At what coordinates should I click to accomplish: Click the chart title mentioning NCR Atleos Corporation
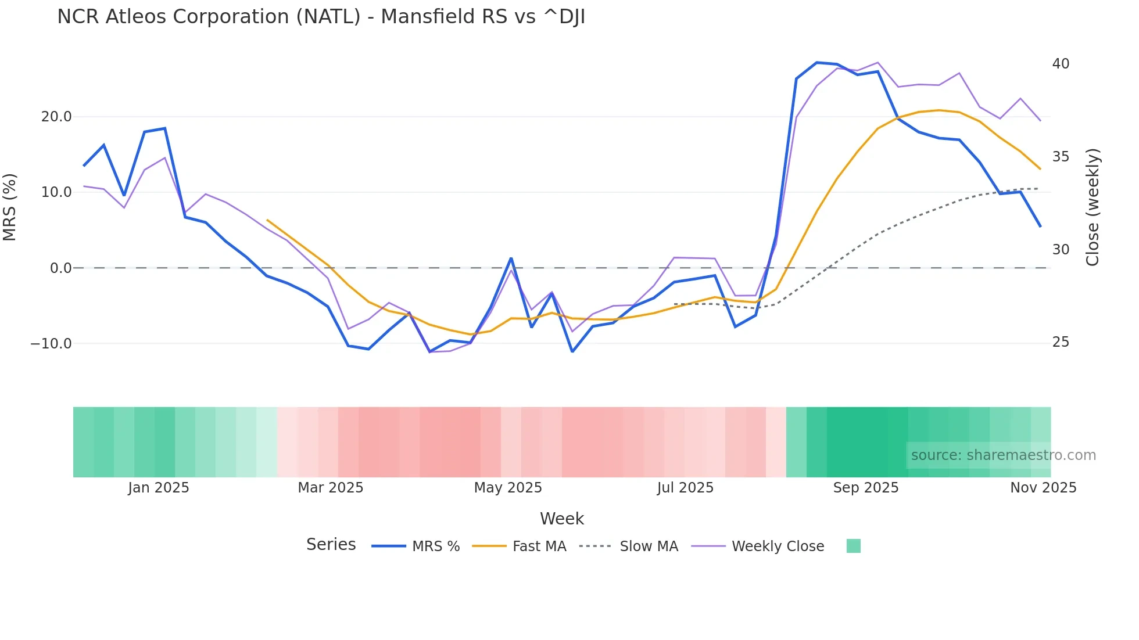[321, 17]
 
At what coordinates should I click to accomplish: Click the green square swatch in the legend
[853, 546]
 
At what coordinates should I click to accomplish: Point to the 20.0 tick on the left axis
[56, 117]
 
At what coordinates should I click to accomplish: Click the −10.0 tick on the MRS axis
[51, 344]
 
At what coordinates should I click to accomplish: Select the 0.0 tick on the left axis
[60, 268]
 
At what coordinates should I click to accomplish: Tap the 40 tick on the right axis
[1061, 64]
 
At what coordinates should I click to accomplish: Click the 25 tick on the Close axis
[1061, 343]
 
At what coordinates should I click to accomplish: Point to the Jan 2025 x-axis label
[159, 488]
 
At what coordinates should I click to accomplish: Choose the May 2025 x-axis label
[508, 488]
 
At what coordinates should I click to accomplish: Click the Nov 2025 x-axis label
[1043, 488]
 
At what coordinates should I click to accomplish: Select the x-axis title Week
[562, 519]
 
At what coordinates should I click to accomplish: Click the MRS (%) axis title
[10, 207]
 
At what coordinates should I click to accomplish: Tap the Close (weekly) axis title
[1093, 207]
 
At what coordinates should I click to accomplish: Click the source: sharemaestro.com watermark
[1003, 455]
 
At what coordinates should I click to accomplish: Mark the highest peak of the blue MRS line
[816, 63]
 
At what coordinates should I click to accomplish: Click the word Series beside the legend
[331, 545]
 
